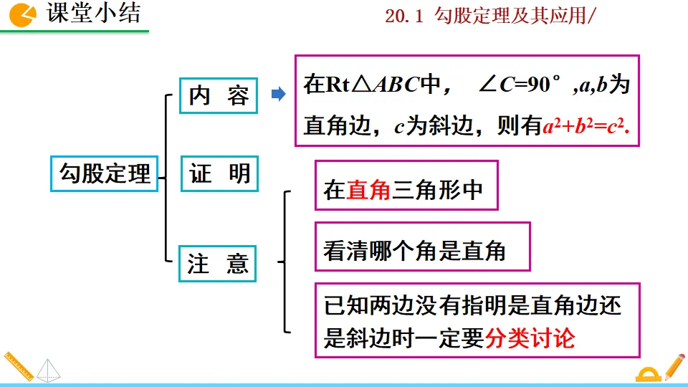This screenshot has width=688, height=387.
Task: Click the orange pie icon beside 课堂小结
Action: [x=23, y=14]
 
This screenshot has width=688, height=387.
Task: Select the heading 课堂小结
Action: [x=93, y=14]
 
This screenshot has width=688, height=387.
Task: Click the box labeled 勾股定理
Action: [x=105, y=173]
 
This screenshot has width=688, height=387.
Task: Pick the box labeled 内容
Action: [x=219, y=96]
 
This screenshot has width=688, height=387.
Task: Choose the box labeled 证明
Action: [x=219, y=173]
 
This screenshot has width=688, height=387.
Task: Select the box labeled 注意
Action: [x=217, y=263]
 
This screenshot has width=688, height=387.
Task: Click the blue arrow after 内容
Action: [x=279, y=94]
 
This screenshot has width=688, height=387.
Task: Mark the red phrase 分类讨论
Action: [x=530, y=338]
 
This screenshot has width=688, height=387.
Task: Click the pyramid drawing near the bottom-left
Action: [x=49, y=370]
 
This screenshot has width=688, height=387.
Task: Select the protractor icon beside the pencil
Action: [x=649, y=374]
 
